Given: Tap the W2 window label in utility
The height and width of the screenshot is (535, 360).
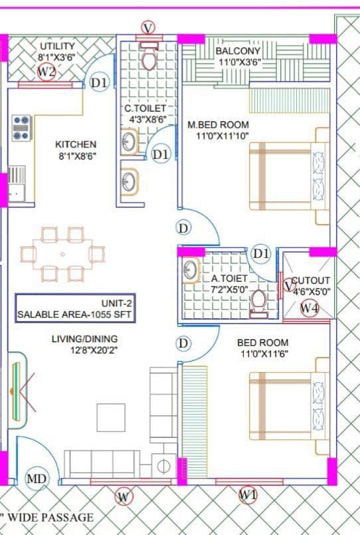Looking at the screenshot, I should pos(46,72).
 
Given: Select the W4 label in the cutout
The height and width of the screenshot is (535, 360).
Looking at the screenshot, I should pos(309,308).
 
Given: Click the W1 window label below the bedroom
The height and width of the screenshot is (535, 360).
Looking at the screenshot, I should pos(248,494).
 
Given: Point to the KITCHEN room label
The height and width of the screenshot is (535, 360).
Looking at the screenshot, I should pos(75,144).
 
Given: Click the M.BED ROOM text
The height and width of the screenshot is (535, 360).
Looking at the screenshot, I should pos(218,124).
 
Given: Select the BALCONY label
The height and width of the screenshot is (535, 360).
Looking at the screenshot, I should pos(238,51).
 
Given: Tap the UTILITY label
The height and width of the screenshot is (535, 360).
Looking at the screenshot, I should pos(57,45).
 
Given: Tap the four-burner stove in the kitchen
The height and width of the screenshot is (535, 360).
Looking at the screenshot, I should pos(22,128).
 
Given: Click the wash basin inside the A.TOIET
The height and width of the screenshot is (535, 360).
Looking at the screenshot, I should pos(191,270).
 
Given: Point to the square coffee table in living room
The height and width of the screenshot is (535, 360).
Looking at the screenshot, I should pos(111,417).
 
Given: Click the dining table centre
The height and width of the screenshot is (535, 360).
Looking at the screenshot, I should pos(63,254).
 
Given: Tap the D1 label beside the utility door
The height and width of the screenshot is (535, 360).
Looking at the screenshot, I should pos(99,84).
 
